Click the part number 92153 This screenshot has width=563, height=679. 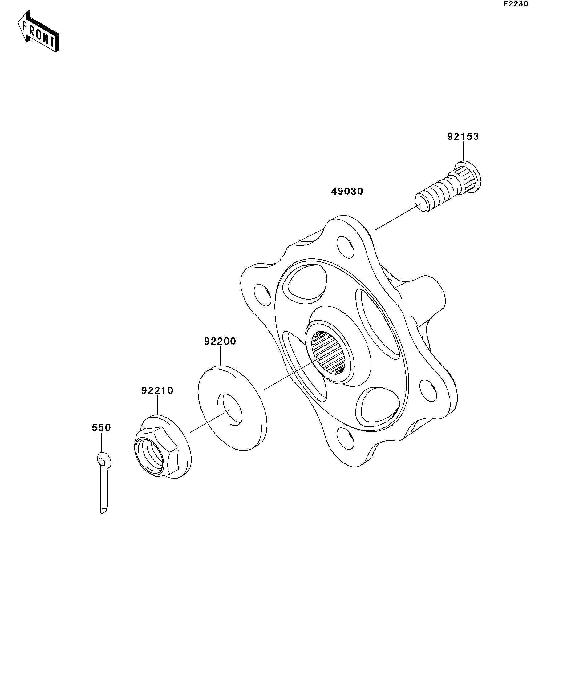point(463,137)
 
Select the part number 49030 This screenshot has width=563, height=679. point(347,192)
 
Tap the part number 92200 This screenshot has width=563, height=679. point(220,341)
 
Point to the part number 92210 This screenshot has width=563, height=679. point(157,390)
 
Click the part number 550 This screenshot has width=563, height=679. point(101,428)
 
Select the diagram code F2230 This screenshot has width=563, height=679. point(516,4)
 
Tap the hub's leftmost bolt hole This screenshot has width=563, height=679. point(263,295)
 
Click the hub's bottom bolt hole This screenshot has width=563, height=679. point(346,438)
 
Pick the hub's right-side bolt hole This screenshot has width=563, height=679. point(429,390)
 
